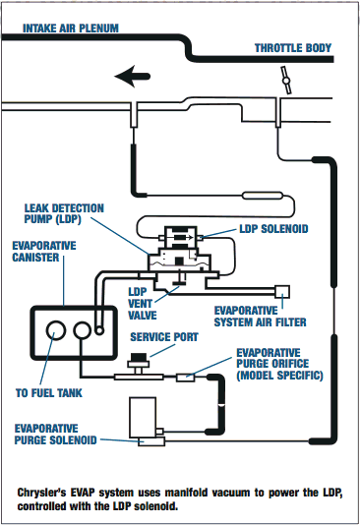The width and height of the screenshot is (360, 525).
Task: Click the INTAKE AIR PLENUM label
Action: click(71, 29)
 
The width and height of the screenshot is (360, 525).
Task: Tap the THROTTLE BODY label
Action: click(293, 48)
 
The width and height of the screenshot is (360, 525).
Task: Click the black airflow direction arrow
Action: click(132, 77)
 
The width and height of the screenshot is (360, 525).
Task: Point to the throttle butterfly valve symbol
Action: click(286, 81)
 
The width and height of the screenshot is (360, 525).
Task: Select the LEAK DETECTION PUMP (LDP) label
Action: click(64, 213)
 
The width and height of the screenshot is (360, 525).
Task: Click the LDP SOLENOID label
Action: click(273, 229)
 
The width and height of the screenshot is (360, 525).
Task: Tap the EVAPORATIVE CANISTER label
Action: click(44, 252)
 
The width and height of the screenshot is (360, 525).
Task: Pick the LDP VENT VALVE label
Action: click(143, 304)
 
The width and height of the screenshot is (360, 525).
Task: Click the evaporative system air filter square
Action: click(282, 292)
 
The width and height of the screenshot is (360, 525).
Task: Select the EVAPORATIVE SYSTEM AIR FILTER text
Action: click(261, 316)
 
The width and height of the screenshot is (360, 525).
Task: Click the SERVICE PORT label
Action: click(164, 337)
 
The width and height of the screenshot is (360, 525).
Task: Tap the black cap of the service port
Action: click(139, 357)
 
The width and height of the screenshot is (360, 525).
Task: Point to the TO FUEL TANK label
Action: click(49, 392)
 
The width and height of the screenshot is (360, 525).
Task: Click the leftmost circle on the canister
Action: click(56, 330)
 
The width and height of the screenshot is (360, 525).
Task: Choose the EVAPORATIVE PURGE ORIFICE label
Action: click(279, 364)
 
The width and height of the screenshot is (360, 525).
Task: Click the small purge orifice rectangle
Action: click(186, 377)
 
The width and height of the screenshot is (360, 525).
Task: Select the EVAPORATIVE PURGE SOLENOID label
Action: click(56, 434)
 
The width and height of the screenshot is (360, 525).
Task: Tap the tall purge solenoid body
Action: click(143, 418)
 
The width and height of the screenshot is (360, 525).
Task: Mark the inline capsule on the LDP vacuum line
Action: click(263, 196)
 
